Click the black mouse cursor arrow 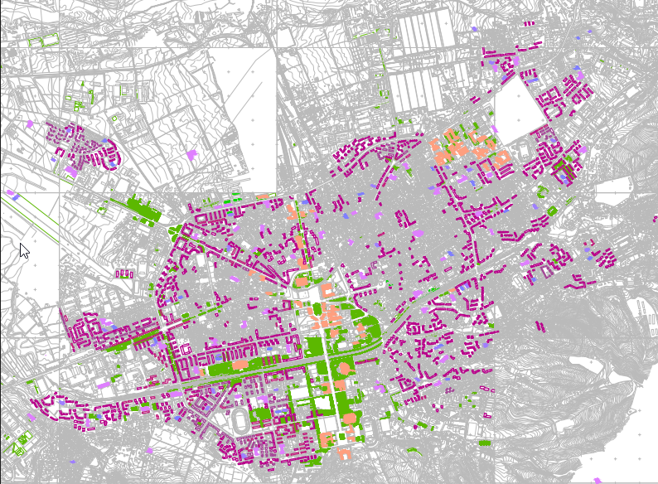pyautogui.click(x=23, y=250)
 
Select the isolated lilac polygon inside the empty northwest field pyautogui.click(x=192, y=155)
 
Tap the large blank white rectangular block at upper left pyautogui.click(x=240, y=116)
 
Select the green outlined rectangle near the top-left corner pyautogui.click(x=51, y=39)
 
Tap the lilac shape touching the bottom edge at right pyautogui.click(x=598, y=480)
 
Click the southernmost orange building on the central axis pyautogui.click(x=344, y=454)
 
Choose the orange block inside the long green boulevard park pyautogui.click(x=240, y=363)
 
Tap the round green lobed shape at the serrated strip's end pyautogui.click(x=175, y=230)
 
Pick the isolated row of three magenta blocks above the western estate pyautogui.click(x=125, y=273)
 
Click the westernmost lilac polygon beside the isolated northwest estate pyautogui.click(x=30, y=124)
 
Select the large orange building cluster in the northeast pyautogui.click(x=452, y=149)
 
